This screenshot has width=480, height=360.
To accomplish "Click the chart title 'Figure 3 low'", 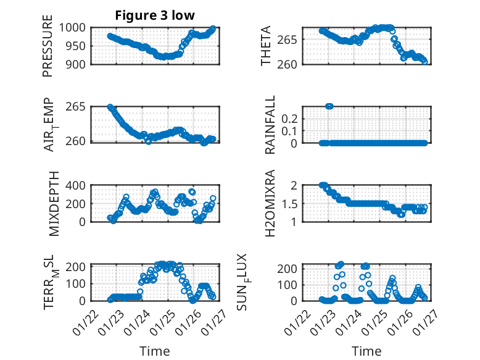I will [x=154, y=16].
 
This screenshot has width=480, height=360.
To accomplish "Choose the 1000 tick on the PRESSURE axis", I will [x=77, y=28].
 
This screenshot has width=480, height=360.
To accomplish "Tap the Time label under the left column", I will [x=154, y=351].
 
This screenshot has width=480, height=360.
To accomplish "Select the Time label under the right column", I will [x=367, y=351].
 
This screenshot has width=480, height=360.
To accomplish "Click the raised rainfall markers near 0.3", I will [x=329, y=106].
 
